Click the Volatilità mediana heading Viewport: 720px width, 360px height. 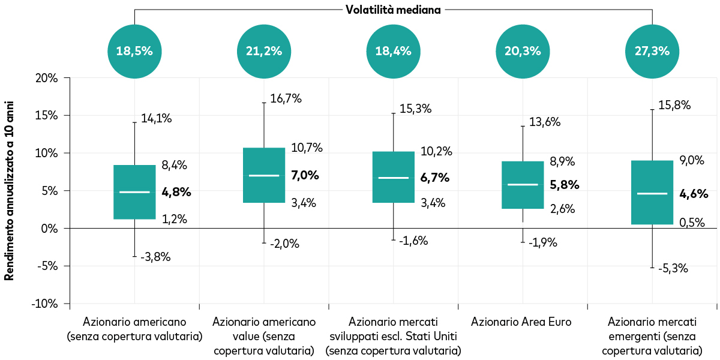(x=393, y=10)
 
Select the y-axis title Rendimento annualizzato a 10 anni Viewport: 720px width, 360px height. (x=10, y=191)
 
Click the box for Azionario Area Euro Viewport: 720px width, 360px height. (x=523, y=185)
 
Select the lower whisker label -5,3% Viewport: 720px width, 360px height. (x=673, y=268)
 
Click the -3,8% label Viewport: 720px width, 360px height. (x=155, y=257)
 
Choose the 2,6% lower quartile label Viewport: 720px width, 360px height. (x=562, y=209)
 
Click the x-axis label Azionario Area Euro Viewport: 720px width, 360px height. (x=521, y=322)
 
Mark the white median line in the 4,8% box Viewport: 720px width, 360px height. (x=134, y=192)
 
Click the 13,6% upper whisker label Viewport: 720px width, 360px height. (x=544, y=122)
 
